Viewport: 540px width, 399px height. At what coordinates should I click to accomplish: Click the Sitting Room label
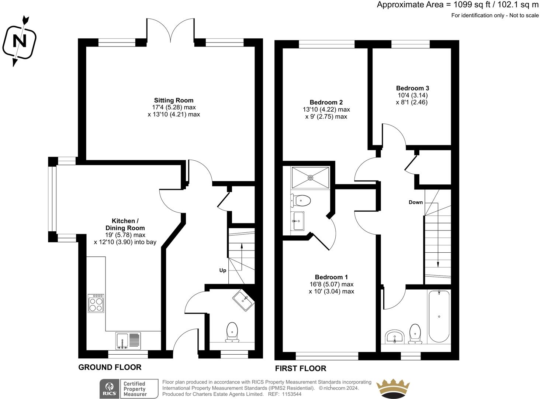(174, 100)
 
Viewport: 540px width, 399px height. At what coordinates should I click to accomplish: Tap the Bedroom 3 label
(412, 88)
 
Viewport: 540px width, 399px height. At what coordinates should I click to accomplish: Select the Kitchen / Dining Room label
(125, 224)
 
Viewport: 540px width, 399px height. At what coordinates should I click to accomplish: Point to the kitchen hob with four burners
(96, 303)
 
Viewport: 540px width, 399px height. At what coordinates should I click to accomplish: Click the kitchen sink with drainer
(128, 341)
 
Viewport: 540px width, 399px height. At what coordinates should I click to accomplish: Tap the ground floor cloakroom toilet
(232, 332)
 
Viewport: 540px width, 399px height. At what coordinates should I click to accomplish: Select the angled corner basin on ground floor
(244, 301)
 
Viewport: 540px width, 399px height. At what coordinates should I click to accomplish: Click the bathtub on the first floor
(439, 316)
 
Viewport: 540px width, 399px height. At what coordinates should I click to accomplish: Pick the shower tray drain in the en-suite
(311, 178)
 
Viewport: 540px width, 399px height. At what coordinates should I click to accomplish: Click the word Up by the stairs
(222, 270)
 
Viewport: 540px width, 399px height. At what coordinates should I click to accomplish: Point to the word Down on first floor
(416, 202)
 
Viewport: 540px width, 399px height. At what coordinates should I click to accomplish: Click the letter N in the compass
(20, 41)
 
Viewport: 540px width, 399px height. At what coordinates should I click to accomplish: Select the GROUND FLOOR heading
(110, 367)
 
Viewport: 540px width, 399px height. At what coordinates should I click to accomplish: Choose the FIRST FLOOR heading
(301, 369)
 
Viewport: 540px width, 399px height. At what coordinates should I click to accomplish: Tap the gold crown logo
(393, 388)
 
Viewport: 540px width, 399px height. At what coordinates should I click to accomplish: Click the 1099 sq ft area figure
(467, 4)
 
